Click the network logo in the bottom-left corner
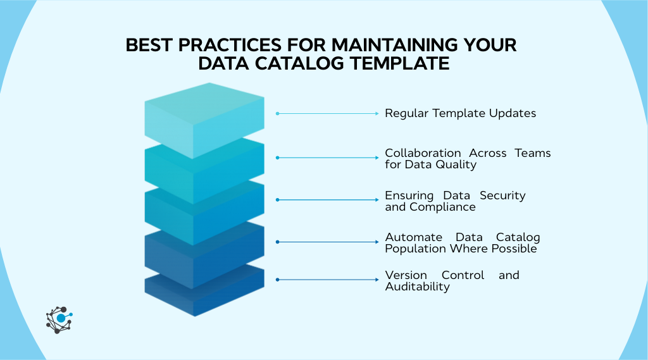pyautogui.click(x=59, y=319)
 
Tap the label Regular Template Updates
pyautogui.click(x=460, y=113)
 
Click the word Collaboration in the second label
pyautogui.click(x=423, y=153)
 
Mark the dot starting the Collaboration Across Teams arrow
pyautogui.click(x=277, y=157)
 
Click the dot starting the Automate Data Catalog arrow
pyautogui.click(x=277, y=242)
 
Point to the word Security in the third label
pyautogui.click(x=502, y=196)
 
